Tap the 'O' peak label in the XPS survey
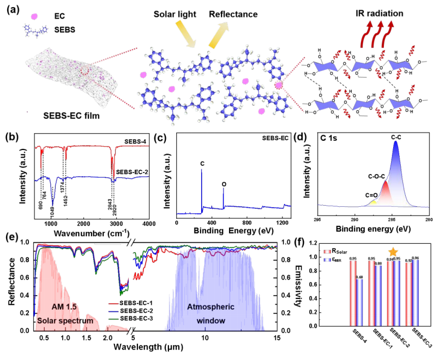[224, 184]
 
